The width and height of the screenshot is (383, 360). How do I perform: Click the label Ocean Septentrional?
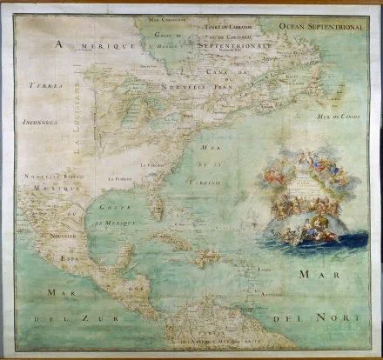[x=319, y=27]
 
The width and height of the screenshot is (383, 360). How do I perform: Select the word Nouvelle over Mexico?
[x=64, y=236]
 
